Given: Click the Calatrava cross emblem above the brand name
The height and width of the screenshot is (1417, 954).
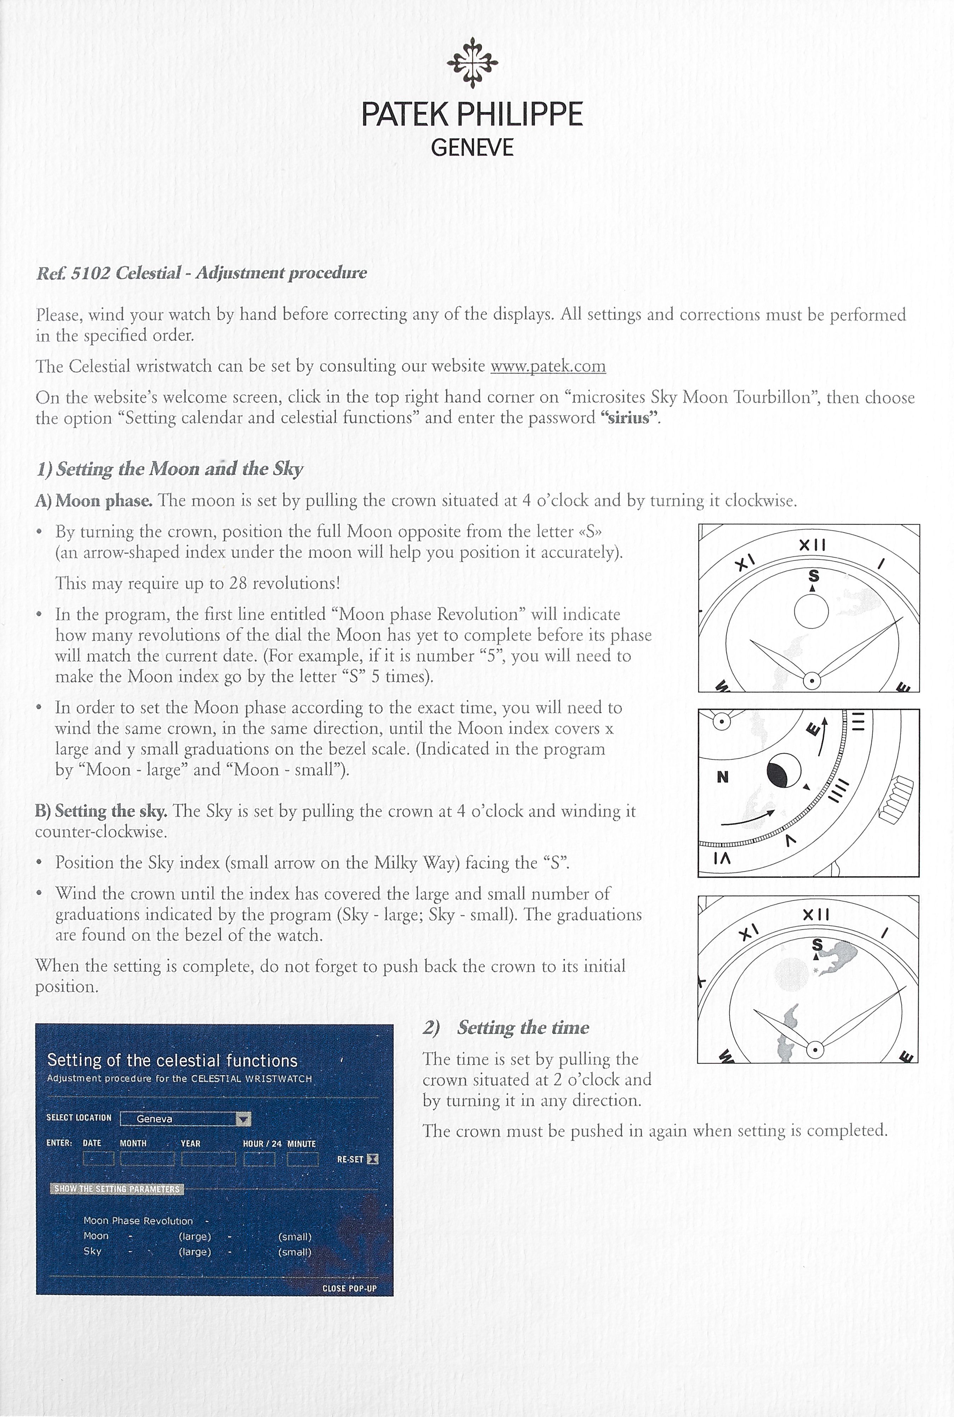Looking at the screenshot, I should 472,61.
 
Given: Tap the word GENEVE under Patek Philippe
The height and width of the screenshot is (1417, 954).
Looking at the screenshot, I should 472,147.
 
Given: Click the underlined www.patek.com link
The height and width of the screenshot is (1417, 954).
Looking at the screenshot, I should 548,366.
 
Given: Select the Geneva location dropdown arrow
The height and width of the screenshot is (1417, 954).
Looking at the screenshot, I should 243,1119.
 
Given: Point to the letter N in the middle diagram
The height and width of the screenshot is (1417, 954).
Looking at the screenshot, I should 722,777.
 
